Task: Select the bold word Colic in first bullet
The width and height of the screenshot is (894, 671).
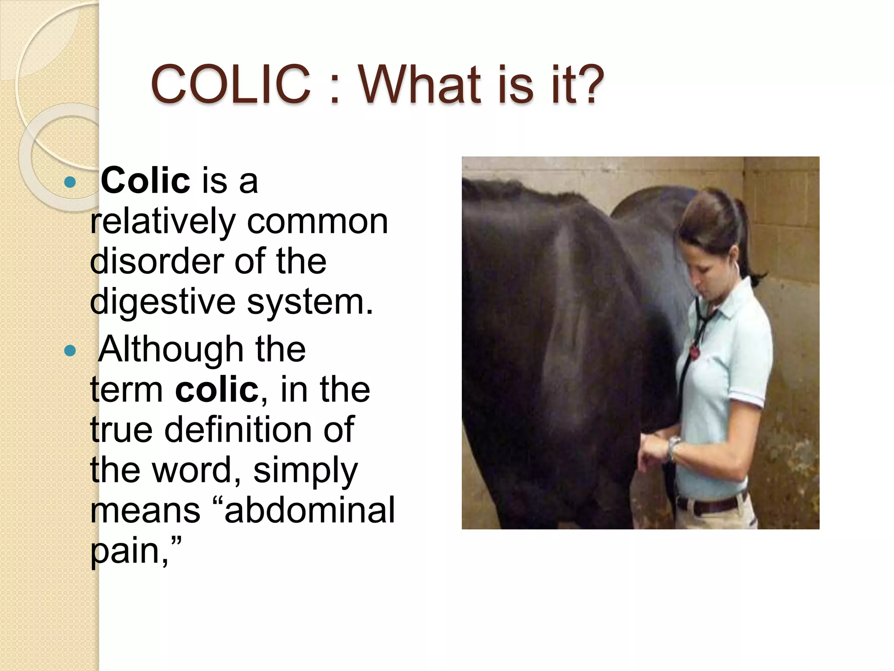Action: click(x=145, y=180)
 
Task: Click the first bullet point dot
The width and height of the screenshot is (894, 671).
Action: click(x=70, y=182)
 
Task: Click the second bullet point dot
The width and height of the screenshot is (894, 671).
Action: click(x=70, y=350)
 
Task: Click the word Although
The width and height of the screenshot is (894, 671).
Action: click(x=171, y=349)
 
